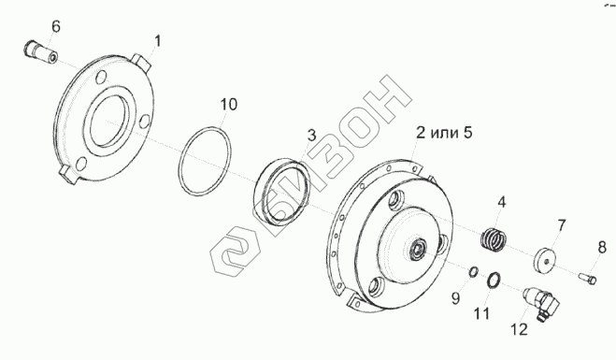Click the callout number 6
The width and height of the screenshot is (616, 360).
56,26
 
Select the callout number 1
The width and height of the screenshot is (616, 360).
157,41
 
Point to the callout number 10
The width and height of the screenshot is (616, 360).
229,105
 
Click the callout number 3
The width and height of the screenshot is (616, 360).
311,136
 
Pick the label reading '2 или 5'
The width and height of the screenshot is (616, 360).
444,133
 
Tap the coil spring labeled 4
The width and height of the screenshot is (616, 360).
494,239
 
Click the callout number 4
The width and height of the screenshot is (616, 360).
501,202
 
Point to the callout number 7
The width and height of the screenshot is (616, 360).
562,225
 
